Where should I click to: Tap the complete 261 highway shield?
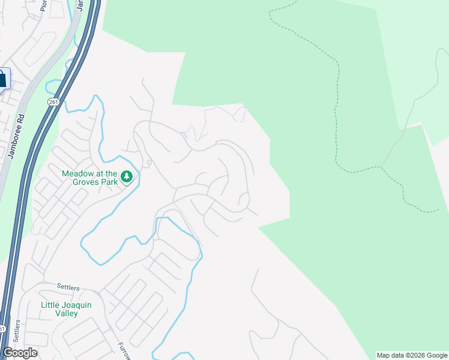point(53,102)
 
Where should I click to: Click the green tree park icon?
point(126,176)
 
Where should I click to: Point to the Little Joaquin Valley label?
point(66,309)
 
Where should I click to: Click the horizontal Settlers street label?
point(68,288)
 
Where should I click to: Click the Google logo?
point(20,353)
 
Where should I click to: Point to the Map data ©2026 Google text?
point(412,355)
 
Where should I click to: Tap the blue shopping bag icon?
point(2,79)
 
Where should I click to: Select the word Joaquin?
point(76,305)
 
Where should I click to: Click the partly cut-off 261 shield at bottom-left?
point(2,329)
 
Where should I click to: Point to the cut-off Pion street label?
point(44,5)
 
